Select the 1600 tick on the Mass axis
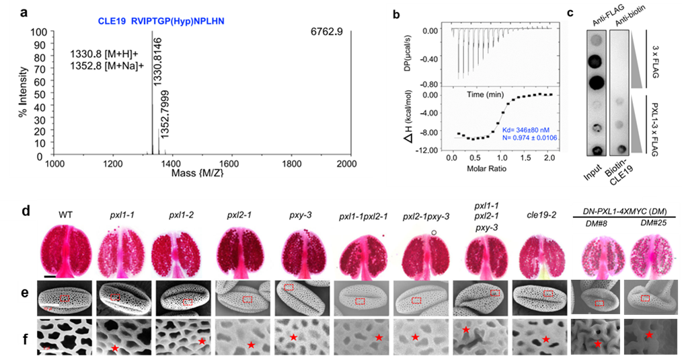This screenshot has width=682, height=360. [230, 164]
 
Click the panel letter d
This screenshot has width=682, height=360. [25, 211]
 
